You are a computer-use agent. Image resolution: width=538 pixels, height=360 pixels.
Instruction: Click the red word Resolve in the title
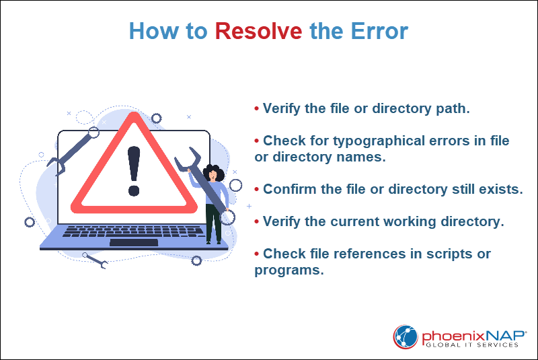(x=258, y=32)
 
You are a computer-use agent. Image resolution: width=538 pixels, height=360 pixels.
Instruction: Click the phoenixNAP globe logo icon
(x=406, y=336)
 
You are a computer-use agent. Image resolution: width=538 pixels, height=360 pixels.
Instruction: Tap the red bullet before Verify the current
(x=257, y=221)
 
